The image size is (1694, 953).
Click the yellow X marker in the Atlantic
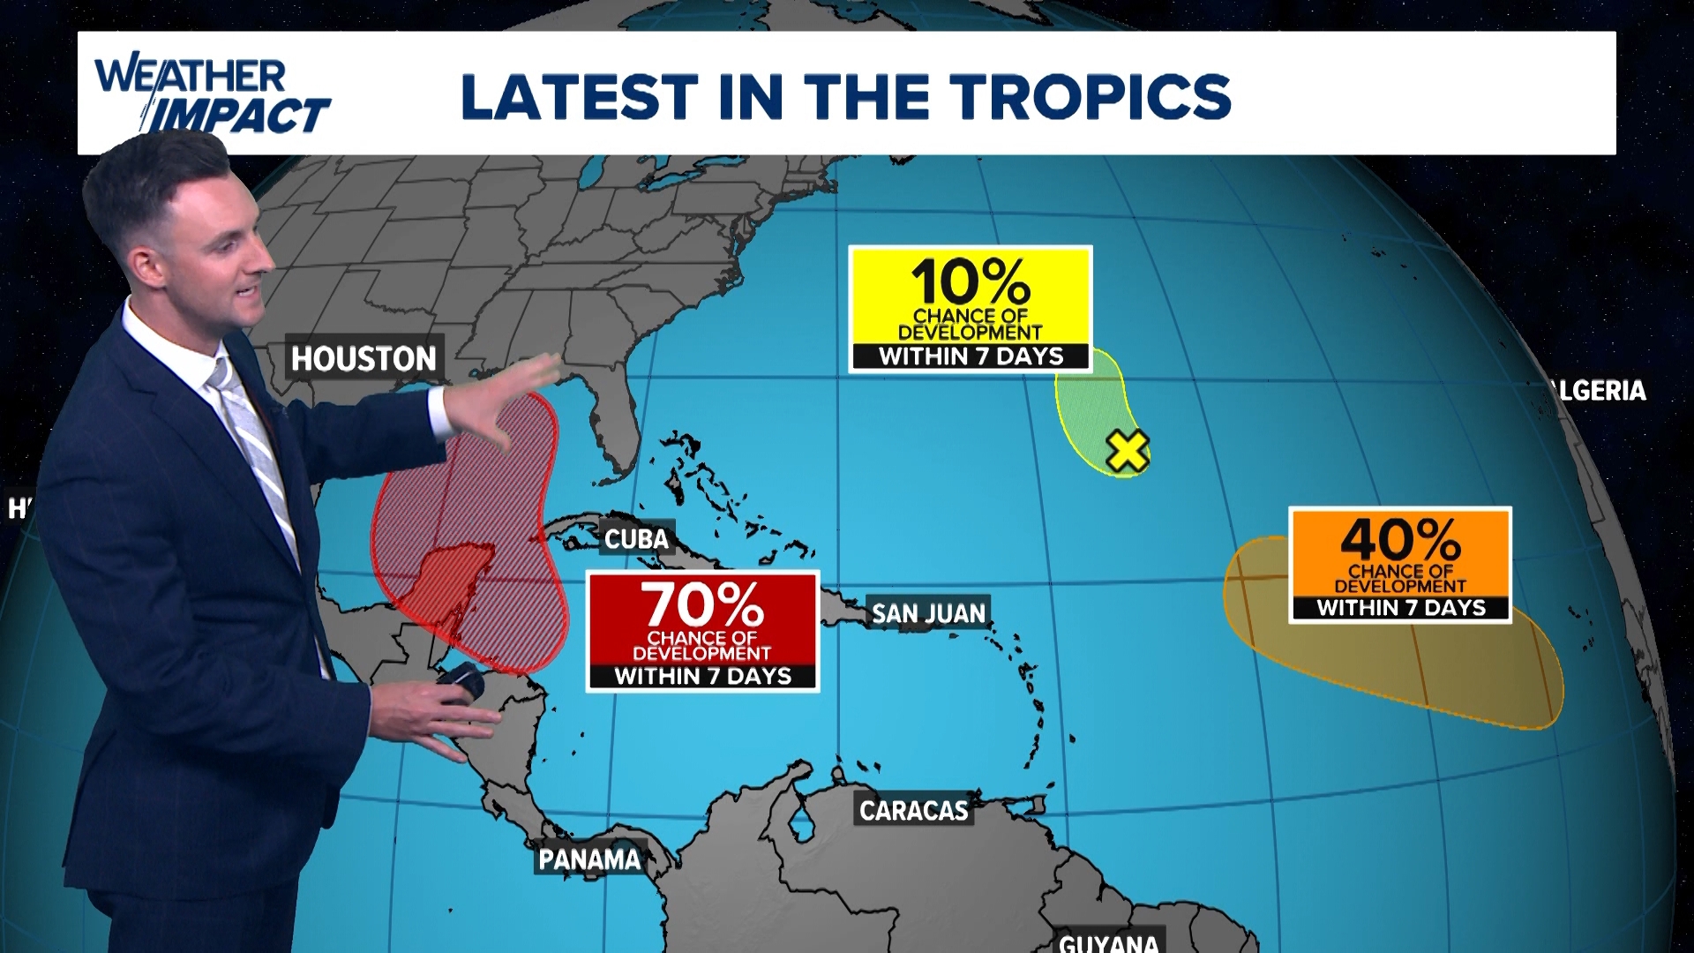point(1127,451)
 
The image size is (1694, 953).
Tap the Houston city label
point(364,358)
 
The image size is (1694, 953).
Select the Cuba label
point(636,538)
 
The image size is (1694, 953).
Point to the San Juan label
point(928,613)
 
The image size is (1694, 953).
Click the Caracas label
point(913,810)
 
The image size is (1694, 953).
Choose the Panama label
point(589,859)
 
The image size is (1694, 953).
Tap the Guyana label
point(1108,942)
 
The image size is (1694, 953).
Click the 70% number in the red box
point(702,605)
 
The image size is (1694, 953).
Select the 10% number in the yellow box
point(971,282)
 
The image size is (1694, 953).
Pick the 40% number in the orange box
point(1400,539)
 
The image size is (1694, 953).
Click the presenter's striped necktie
point(256,450)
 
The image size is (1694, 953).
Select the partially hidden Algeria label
point(1601,390)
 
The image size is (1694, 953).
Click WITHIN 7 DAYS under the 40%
point(1400,608)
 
